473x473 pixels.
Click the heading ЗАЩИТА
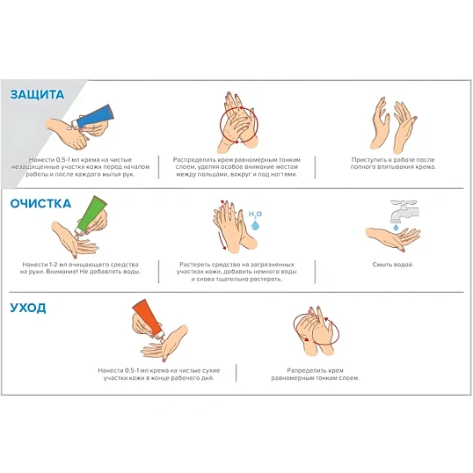pos(37,95)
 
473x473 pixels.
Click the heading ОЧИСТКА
pos(40,204)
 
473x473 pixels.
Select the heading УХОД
pos(28,308)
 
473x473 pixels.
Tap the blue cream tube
pos(93,115)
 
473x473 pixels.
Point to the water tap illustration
pos(404,211)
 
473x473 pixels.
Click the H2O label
pos(255,215)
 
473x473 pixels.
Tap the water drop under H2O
pos(255,225)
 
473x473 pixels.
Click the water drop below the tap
pos(396,228)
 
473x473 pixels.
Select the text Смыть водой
pos(393,265)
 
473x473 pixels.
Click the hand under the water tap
pos(392,238)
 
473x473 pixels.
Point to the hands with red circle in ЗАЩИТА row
pos(238,122)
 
